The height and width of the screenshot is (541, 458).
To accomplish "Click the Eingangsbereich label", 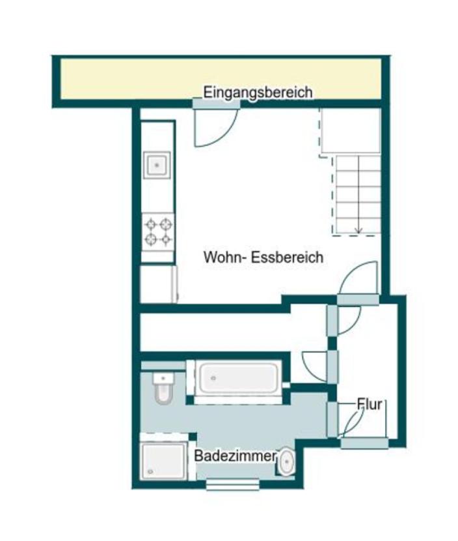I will point(258,92).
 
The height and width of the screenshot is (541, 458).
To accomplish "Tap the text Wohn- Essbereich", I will point(263,257).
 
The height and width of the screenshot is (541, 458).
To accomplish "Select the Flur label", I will point(368,403).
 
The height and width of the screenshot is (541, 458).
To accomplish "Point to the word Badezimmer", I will point(235,456).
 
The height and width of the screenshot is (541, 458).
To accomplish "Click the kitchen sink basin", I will point(157,165).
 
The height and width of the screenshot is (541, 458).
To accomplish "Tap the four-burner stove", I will point(158,231).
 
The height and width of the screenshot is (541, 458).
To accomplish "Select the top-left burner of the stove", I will point(151,224).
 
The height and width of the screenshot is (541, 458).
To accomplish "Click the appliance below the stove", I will point(158,284).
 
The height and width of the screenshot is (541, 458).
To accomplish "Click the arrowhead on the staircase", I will point(357,229).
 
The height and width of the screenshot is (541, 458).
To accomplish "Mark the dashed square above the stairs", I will point(349,132).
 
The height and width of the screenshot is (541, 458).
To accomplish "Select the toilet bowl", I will point(162,392).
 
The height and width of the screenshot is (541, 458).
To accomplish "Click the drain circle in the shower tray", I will point(151,471).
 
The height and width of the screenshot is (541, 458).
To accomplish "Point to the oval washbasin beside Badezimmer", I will point(286,463).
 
